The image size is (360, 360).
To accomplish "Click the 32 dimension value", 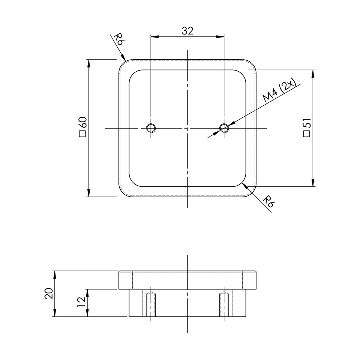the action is tap(187, 31).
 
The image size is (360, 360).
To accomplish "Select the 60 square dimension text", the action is tap(82, 127).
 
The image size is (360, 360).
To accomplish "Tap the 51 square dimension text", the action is tap(307, 127).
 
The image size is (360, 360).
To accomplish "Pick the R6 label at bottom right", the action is tap(268, 201).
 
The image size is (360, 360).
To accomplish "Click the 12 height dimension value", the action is tap(81, 302).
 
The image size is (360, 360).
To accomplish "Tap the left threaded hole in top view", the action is tap(151, 128).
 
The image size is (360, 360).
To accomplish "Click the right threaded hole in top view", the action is tap(224, 128).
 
